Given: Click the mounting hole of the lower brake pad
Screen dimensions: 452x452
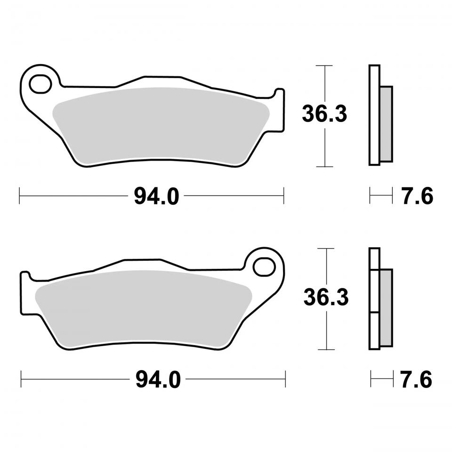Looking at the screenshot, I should click(x=264, y=266).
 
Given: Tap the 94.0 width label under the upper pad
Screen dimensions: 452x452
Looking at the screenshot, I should click(x=156, y=196).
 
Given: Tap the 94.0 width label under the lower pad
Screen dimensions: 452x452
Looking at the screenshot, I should click(x=158, y=379).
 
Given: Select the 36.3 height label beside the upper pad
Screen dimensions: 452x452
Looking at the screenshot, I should click(x=324, y=114).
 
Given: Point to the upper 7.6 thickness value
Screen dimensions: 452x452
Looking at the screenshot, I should click(x=417, y=196).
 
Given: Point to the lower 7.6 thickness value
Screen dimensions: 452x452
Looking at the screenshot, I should click(x=416, y=379).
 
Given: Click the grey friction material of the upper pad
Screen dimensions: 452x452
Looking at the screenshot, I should click(x=160, y=125).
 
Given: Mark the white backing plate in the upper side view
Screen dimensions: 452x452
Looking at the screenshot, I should click(x=374, y=115).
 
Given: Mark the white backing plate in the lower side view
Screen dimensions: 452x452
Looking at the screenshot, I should click(x=374, y=299).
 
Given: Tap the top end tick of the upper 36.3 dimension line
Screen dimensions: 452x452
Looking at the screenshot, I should click(x=324, y=65).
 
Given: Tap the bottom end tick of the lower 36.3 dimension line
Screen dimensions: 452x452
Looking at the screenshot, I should click(x=326, y=350).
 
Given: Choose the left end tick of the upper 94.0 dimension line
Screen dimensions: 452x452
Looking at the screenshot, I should click(x=19, y=196).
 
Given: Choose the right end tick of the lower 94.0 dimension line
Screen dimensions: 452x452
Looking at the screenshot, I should click(x=286, y=379).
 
